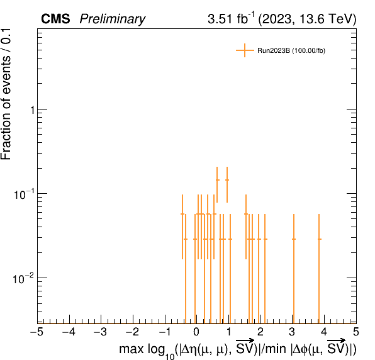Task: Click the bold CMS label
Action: click(x=55, y=19)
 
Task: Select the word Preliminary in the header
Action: click(x=113, y=19)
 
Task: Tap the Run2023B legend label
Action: click(x=291, y=51)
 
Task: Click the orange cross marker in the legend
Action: click(x=245, y=50)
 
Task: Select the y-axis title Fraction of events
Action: click(x=6, y=108)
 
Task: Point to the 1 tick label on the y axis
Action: click(x=32, y=110)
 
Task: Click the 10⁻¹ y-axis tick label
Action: click(x=23, y=194)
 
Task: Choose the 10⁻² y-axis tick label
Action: click(x=23, y=279)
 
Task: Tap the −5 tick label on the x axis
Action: click(x=37, y=332)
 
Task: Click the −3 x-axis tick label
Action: click(x=101, y=332)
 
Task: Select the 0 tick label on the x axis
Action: click(x=196, y=332)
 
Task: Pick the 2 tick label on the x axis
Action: click(x=260, y=332)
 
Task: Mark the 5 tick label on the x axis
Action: click(x=356, y=332)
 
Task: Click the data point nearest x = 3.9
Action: click(x=319, y=239)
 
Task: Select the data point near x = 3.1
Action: click(x=294, y=239)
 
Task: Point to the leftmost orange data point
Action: click(x=182, y=214)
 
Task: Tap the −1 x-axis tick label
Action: click(x=165, y=332)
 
